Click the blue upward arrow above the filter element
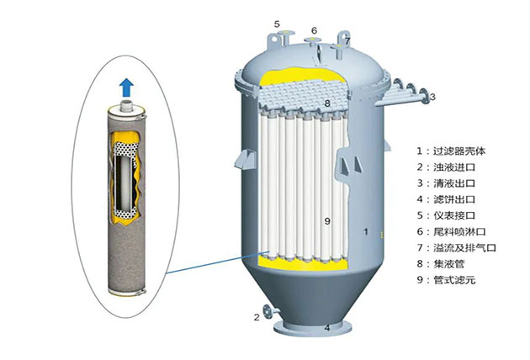pyautogui.click(x=127, y=87)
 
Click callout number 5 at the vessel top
pyautogui.click(x=277, y=24)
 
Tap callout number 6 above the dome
pyautogui.click(x=315, y=31)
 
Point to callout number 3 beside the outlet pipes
pyautogui.click(x=432, y=97)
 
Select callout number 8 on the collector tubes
pyautogui.click(x=327, y=103)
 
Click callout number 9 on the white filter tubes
pyautogui.click(x=327, y=221)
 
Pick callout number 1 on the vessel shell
pyautogui.click(x=366, y=231)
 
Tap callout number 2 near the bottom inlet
pyautogui.click(x=257, y=317)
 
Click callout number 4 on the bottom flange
pyautogui.click(x=327, y=327)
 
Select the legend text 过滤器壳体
pyautogui.click(x=459, y=151)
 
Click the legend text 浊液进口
pyautogui.click(x=454, y=167)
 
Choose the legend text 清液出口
pyautogui.click(x=454, y=183)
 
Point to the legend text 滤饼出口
pyautogui.click(x=454, y=199)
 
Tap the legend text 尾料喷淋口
pyautogui.click(x=459, y=232)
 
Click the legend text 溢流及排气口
pyautogui.click(x=464, y=248)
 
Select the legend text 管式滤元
pyautogui.click(x=454, y=280)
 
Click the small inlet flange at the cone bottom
pyautogui.click(x=268, y=311)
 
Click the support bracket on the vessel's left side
pyautogui.click(x=246, y=159)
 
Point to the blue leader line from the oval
pyautogui.click(x=217, y=262)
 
